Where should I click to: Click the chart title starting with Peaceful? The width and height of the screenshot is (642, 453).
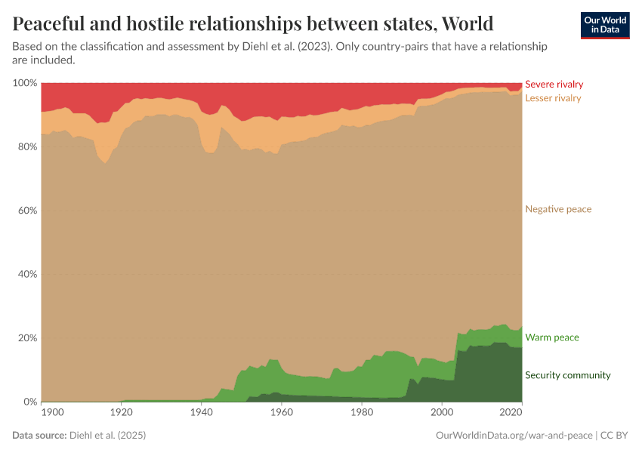coord(253,23)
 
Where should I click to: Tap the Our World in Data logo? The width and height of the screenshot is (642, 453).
coord(605,25)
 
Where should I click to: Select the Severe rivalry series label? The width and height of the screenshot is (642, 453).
coord(554,85)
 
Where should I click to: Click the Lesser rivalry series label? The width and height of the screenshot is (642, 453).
coord(553,98)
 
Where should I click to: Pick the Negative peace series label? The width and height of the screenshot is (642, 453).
coord(558,209)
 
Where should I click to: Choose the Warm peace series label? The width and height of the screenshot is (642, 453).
coord(551,337)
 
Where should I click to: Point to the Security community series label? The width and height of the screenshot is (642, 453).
coord(567,375)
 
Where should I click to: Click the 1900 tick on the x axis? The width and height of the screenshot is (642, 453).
coord(53,412)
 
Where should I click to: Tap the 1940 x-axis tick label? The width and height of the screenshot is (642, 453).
coord(201,412)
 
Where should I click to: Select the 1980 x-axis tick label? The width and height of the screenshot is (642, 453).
coord(362,412)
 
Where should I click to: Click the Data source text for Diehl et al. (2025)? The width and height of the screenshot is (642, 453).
coord(79,436)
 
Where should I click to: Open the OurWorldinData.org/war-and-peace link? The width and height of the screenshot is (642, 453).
coord(515,436)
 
